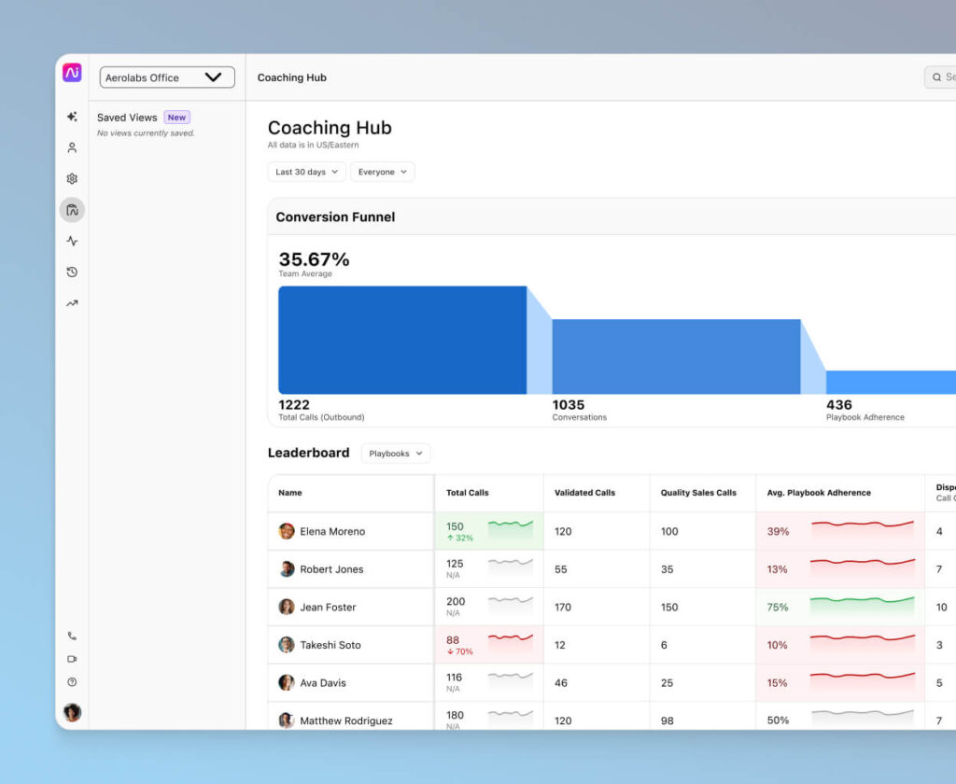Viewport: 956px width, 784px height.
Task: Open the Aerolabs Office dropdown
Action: click(167, 77)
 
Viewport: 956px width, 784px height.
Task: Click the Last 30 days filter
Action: click(306, 172)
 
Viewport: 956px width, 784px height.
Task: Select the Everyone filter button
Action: click(382, 172)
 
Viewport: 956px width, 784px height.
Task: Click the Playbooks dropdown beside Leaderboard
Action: click(395, 454)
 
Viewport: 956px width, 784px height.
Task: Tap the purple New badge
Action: click(176, 118)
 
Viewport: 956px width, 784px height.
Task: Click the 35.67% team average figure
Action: click(314, 259)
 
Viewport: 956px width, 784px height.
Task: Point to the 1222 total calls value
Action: click(294, 405)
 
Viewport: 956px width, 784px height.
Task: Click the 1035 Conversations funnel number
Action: click(568, 405)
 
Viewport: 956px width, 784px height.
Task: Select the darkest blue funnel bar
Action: click(401, 340)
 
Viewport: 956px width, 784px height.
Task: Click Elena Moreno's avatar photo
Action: click(287, 531)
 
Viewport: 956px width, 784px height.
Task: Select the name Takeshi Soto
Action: click(330, 645)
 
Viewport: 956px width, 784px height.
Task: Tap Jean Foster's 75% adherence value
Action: click(777, 607)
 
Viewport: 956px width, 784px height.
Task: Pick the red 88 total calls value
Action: click(453, 639)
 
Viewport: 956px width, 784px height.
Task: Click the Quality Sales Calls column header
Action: click(697, 493)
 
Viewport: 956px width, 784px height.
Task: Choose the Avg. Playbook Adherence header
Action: click(818, 493)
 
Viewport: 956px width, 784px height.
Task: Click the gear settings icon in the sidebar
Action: click(72, 178)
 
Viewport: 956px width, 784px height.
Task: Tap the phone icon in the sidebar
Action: click(72, 636)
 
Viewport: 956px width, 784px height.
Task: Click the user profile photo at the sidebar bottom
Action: click(72, 712)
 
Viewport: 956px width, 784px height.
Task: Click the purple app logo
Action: click(72, 73)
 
